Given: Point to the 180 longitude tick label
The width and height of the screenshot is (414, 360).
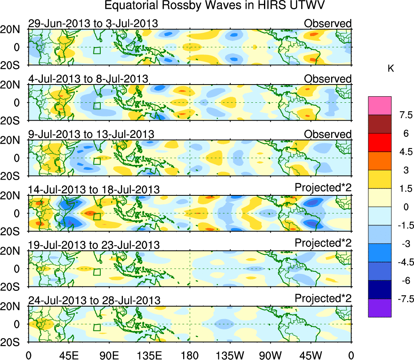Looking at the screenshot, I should click(190, 355).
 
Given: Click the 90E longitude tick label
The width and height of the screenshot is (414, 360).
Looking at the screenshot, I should click(108, 355).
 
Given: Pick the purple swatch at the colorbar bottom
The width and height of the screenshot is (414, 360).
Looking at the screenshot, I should click(380, 308).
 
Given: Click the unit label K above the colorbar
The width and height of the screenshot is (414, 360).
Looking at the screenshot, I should click(391, 69).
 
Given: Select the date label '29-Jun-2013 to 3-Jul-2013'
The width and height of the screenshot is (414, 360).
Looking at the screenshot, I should click(93, 23).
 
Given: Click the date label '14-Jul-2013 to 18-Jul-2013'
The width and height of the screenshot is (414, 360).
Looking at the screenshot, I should click(94, 189).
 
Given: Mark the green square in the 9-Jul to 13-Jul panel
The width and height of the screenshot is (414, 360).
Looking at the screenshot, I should click(97, 161).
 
